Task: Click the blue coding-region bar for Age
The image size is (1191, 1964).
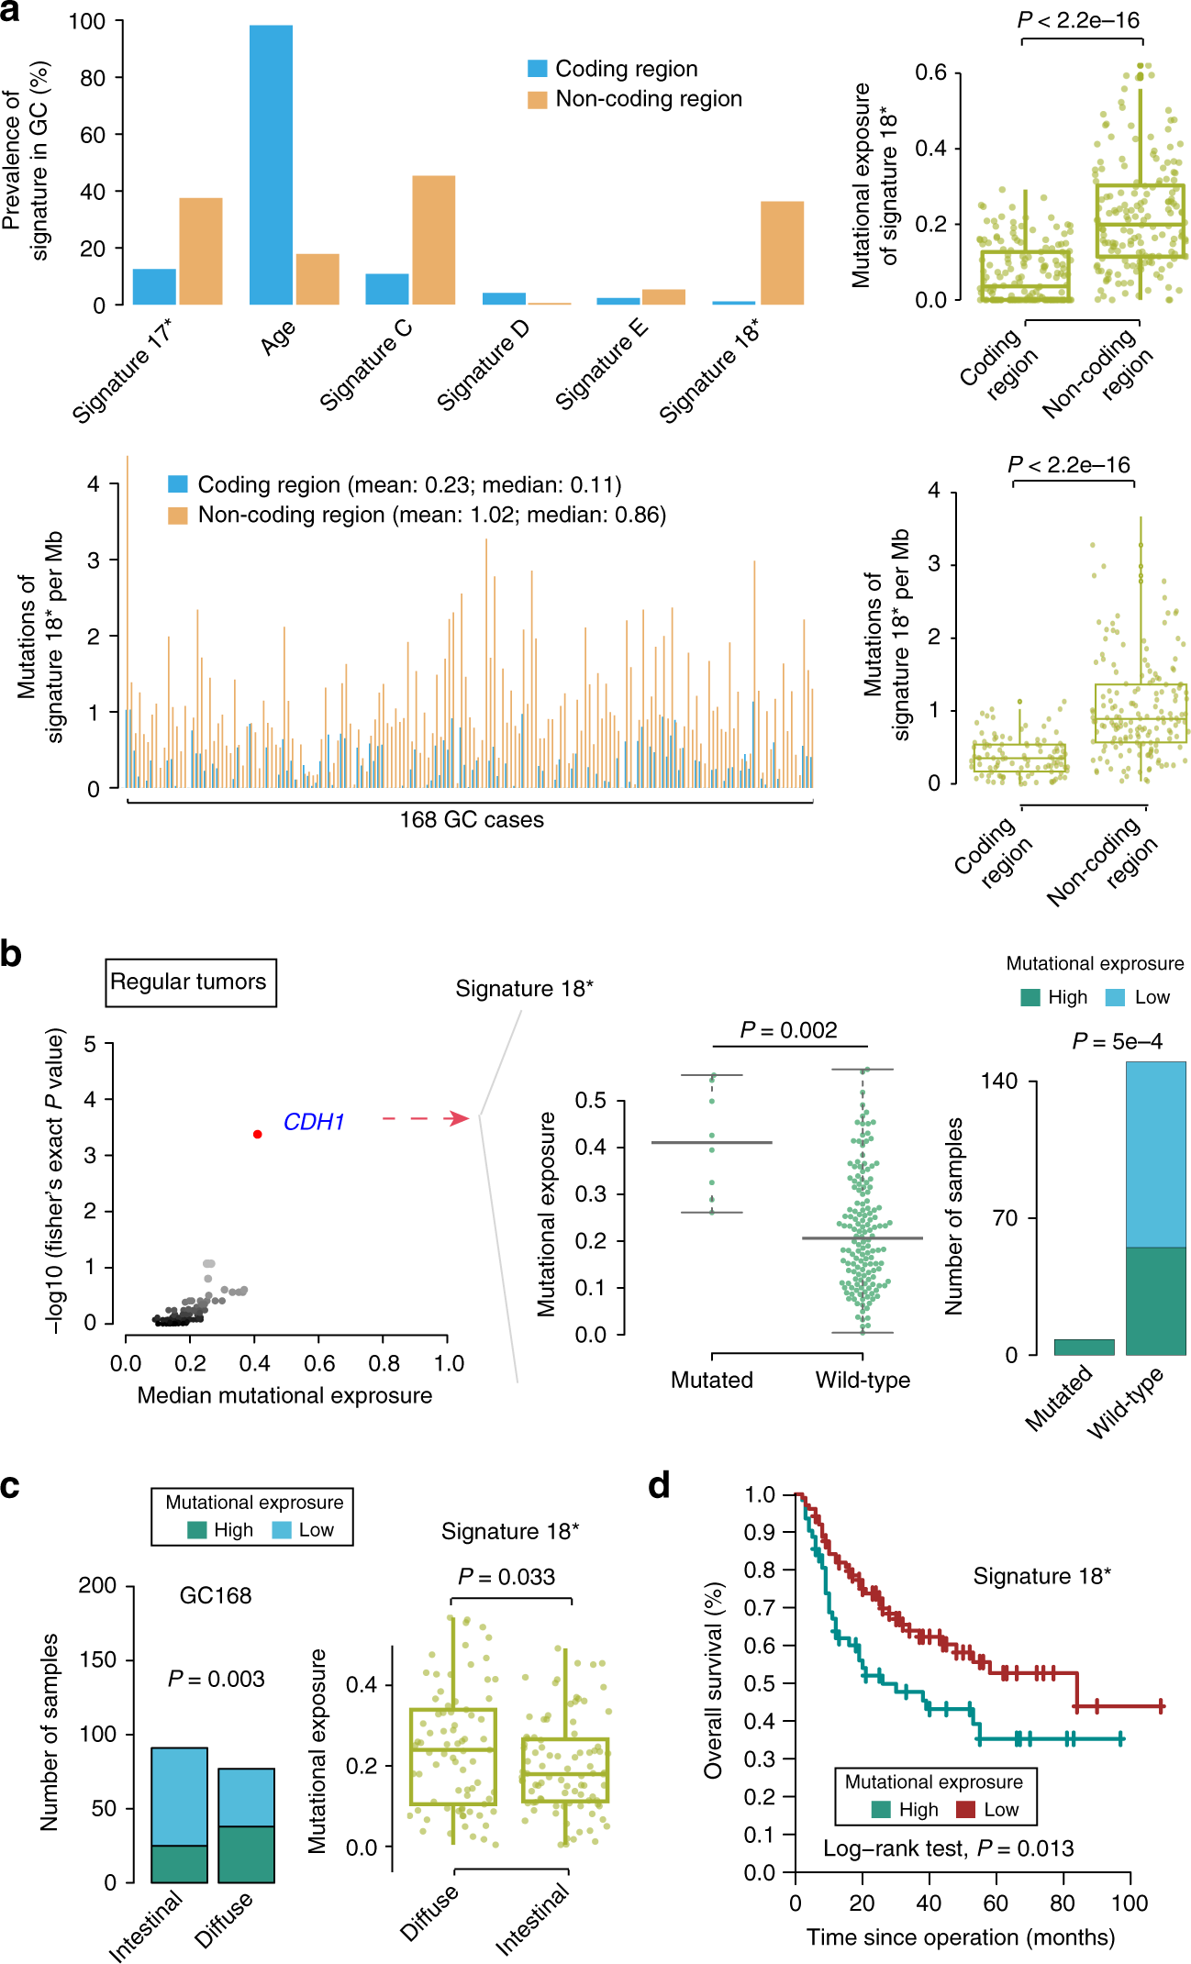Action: pos(271,165)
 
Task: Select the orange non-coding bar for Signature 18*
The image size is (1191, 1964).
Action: pos(782,253)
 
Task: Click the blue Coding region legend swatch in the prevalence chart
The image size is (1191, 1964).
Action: pos(538,69)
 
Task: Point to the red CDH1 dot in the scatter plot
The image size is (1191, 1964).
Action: pos(258,1135)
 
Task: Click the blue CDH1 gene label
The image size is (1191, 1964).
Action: pos(314,1122)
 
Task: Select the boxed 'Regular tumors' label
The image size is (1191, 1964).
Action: pos(190,982)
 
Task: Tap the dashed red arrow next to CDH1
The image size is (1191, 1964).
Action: pos(426,1118)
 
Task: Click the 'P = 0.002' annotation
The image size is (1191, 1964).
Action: pos(789,1030)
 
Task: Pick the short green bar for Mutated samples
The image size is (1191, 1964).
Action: pos(1084,1348)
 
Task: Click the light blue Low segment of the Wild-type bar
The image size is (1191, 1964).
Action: pos(1155,1154)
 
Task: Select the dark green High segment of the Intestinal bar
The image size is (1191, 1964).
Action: pos(179,1864)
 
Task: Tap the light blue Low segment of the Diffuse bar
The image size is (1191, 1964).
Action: pos(246,1797)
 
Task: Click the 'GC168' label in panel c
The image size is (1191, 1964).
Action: pos(216,1596)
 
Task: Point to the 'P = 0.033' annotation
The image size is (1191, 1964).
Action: pos(506,1577)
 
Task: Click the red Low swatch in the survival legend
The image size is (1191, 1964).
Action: pos(965,1810)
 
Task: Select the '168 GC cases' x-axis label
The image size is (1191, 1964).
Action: pos(472,820)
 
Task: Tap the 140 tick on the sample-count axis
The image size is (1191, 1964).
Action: pos(999,1082)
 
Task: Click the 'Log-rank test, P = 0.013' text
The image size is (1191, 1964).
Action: pos(948,1848)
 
